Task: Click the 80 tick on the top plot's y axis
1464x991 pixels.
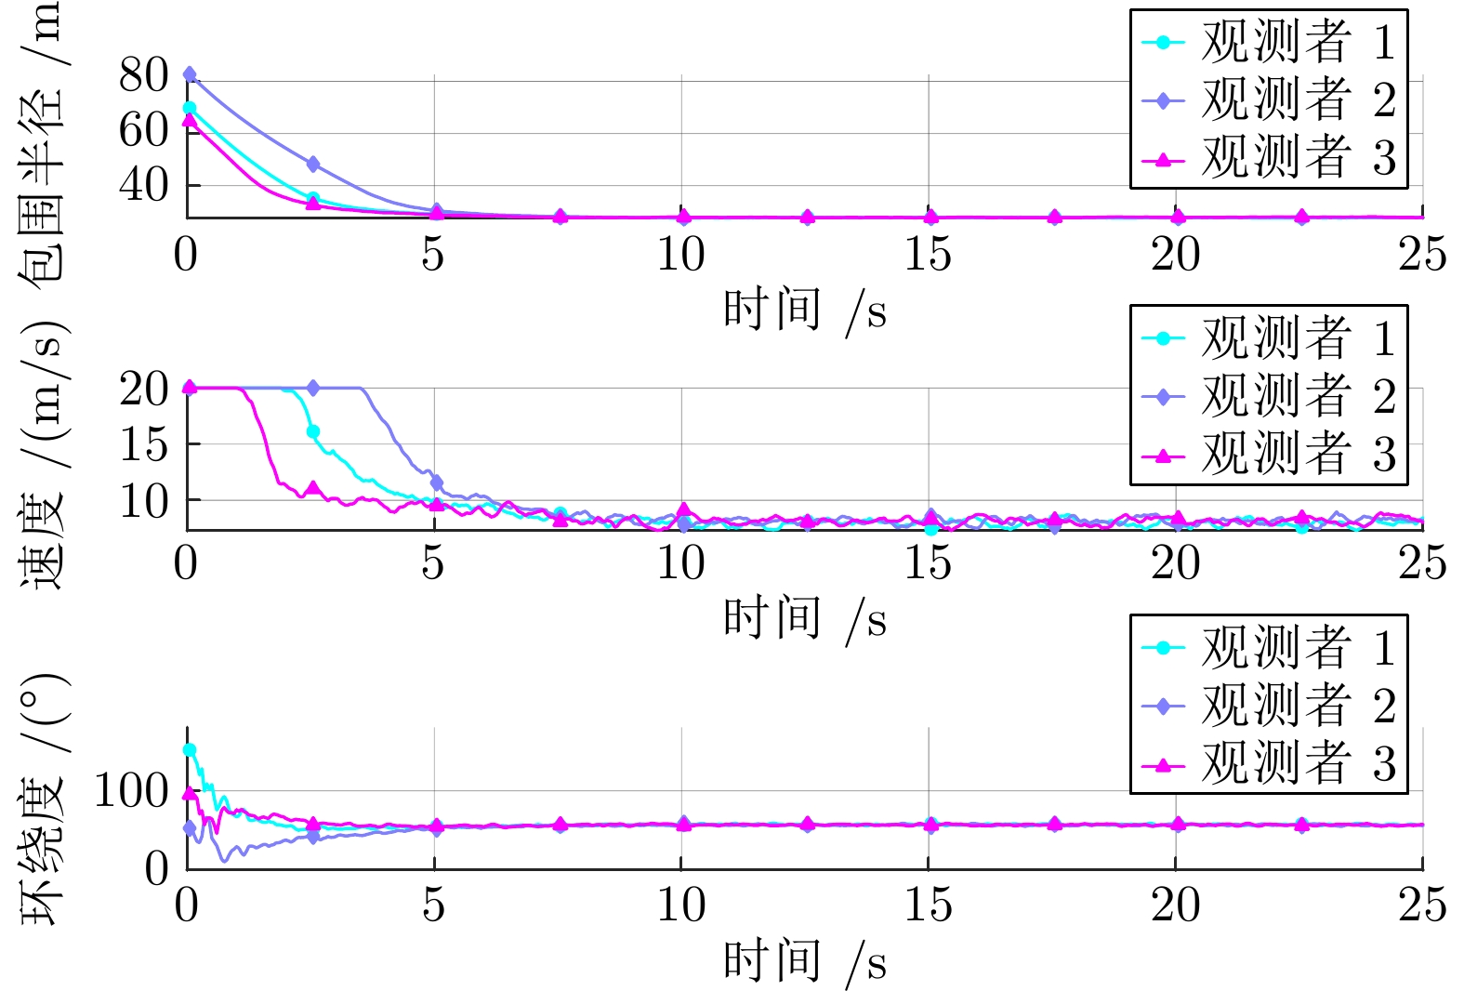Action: pos(143,75)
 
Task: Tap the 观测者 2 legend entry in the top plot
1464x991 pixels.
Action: pos(1269,99)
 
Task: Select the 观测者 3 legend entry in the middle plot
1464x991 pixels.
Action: pos(1269,455)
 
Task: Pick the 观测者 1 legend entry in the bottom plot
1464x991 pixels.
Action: pos(1269,647)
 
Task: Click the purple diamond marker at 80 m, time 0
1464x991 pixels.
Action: pos(190,74)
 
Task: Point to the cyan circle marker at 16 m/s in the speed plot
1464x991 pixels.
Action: pos(313,431)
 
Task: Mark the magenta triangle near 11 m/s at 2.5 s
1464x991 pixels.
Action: pos(313,488)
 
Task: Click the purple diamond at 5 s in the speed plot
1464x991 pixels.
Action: pos(437,482)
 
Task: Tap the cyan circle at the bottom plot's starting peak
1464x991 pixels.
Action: pos(190,749)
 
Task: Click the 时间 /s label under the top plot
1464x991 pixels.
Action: pos(804,310)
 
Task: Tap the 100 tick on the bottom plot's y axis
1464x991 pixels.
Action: pos(131,791)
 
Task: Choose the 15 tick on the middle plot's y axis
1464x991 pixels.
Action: pos(143,444)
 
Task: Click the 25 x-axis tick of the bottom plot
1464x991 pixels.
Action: pos(1422,905)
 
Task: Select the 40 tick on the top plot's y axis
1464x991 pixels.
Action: pos(143,185)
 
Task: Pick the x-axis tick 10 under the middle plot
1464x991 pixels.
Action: pos(681,562)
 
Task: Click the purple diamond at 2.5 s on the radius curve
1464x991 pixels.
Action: pos(313,165)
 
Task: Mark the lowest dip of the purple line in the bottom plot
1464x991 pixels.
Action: pos(224,861)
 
